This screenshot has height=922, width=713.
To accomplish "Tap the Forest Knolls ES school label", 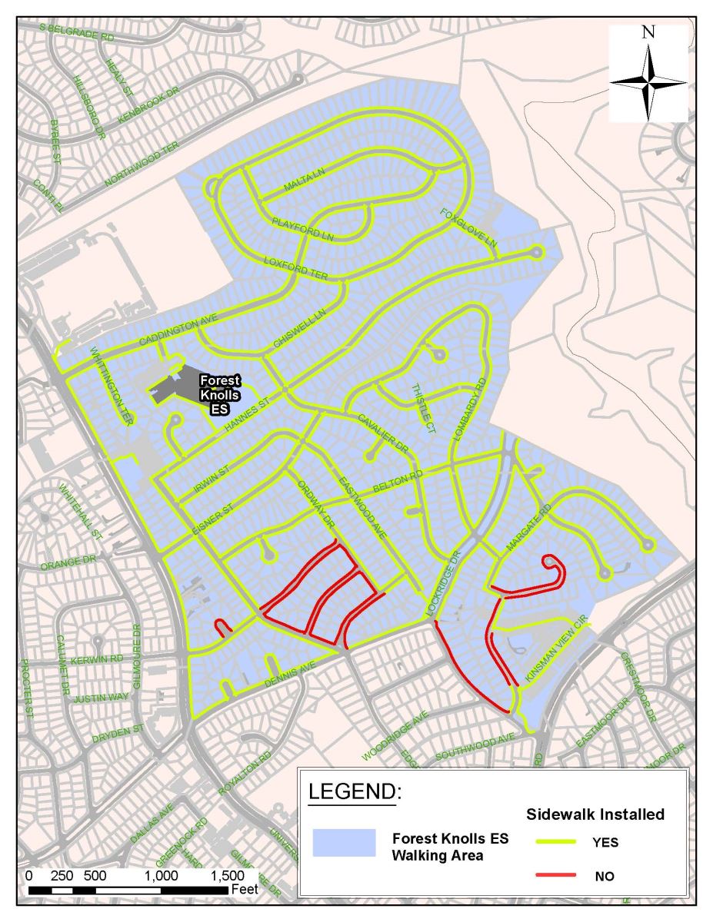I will click(x=219, y=394).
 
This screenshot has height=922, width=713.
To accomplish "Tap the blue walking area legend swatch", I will click(x=344, y=843).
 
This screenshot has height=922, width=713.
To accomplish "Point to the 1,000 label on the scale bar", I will click(x=161, y=876).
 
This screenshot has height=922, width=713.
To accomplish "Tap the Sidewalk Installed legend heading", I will click(x=595, y=814).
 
